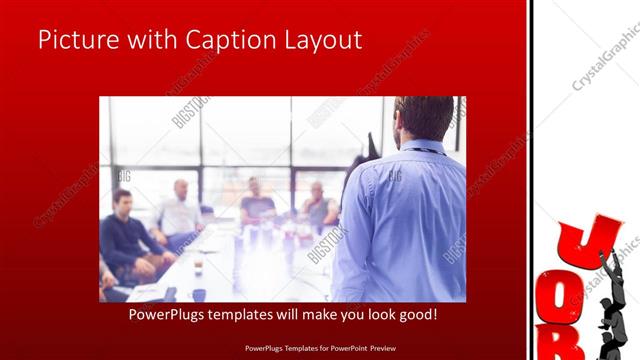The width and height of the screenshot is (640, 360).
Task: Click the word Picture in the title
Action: (76, 40)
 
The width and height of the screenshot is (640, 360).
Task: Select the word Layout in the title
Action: (319, 40)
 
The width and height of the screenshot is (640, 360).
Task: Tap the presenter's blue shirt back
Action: (404, 220)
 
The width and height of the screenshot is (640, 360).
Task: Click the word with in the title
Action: (144, 40)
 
